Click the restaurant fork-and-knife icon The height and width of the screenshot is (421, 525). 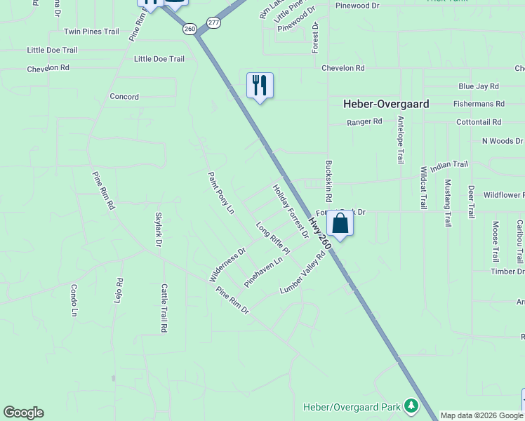pos(260,86)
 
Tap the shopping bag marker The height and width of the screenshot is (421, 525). pos(340,224)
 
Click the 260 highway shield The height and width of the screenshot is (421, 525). pos(189,29)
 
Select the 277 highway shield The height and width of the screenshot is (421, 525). pos(214,23)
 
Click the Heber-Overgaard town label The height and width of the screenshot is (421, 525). pos(385,104)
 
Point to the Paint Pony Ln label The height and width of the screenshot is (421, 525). pos(220,193)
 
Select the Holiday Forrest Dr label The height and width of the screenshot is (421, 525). pos(291,211)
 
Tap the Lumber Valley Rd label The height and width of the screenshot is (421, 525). pos(303,273)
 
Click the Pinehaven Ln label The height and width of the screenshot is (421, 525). pos(263,271)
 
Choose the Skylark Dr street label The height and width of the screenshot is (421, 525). pos(159,229)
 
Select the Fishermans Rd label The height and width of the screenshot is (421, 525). pos(479,104)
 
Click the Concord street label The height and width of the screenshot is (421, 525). pos(124,97)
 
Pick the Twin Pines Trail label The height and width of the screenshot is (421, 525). pos(91,32)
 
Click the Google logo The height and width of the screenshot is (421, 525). pos(23,413)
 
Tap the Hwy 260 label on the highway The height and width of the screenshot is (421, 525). pos(319,232)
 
